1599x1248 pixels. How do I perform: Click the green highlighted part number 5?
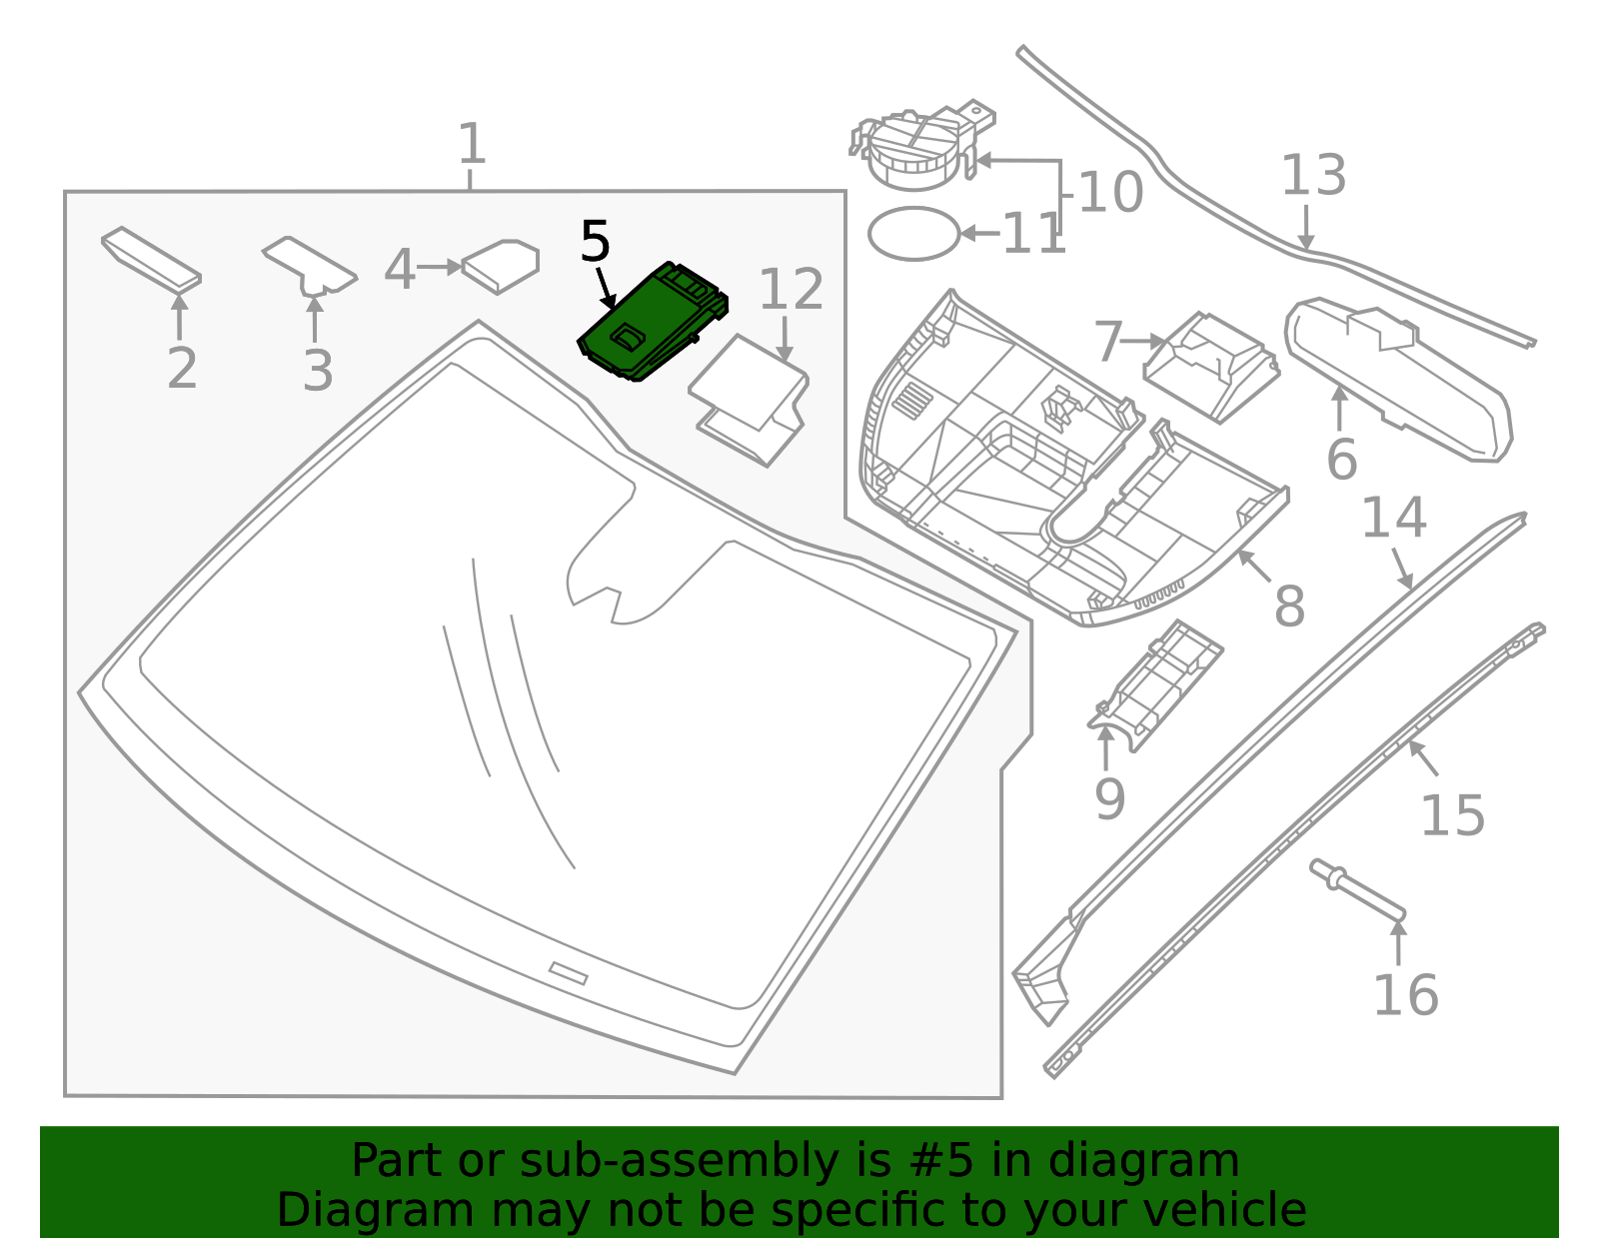click(650, 322)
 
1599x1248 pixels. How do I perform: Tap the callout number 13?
click(1313, 176)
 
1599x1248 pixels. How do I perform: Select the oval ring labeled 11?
click(913, 234)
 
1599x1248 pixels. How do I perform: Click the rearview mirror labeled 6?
click(1399, 380)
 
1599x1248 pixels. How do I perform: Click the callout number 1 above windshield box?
click(471, 145)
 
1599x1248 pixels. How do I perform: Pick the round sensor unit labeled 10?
click(914, 150)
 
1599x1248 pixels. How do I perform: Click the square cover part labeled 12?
click(750, 400)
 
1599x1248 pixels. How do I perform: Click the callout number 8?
click(1289, 607)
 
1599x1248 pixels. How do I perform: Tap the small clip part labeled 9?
click(1159, 684)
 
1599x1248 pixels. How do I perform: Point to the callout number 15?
click(1452, 815)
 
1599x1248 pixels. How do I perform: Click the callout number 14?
click(1393, 518)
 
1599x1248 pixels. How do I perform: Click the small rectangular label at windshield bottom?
click(568, 973)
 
